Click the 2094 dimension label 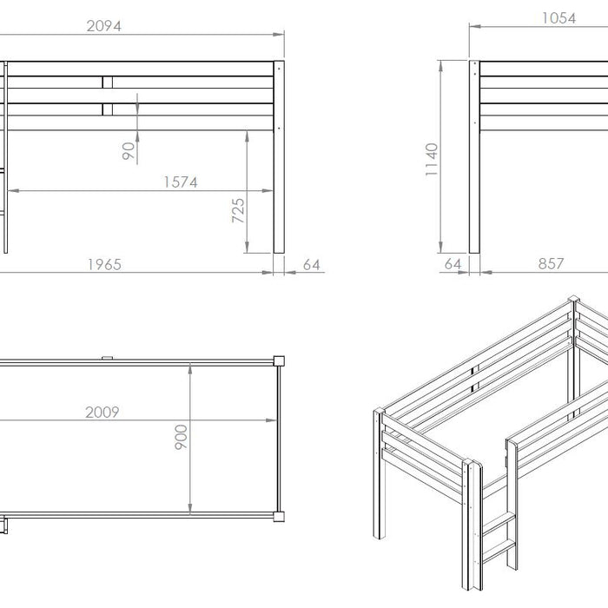pyautogui.click(x=104, y=26)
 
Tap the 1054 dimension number pyautogui.click(x=558, y=18)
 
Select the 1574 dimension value pyautogui.click(x=181, y=182)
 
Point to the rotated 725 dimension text pyautogui.click(x=238, y=210)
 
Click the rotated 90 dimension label pyautogui.click(x=129, y=151)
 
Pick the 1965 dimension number pyautogui.click(x=104, y=264)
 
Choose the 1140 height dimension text pyautogui.click(x=432, y=159)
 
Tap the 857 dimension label pyautogui.click(x=551, y=264)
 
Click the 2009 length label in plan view pyautogui.click(x=102, y=412)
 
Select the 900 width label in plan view pyautogui.click(x=181, y=437)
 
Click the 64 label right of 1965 pyautogui.click(x=311, y=265)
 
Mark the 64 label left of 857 pyautogui.click(x=453, y=264)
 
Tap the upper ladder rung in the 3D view pyautogui.click(x=499, y=523)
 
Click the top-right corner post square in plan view pyautogui.click(x=279, y=361)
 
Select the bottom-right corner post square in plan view pyautogui.click(x=279, y=517)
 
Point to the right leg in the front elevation pyautogui.click(x=279, y=157)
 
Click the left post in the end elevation pyautogui.click(x=474, y=157)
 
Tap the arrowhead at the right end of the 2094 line pyautogui.click(x=279, y=34)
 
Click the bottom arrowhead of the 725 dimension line pyautogui.click(x=247, y=247)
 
